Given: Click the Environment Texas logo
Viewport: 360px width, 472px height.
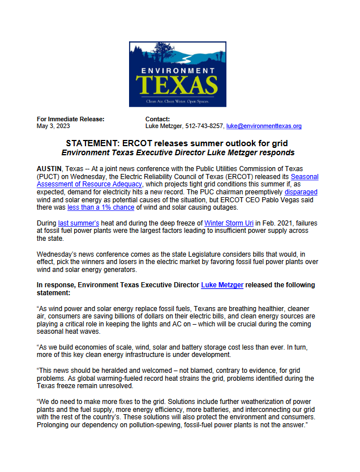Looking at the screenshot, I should pos(177,74).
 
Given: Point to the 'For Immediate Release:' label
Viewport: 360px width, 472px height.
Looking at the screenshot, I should pos(70,119).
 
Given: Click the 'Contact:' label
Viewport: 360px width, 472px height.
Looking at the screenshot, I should pos(158,119).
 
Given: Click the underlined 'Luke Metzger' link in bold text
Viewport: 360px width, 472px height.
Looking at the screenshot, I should pos(222,285).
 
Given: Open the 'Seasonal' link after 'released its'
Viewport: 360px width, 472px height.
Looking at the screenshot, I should pos(304,177).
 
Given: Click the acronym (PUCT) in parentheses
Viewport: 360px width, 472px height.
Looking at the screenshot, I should pos(48,177).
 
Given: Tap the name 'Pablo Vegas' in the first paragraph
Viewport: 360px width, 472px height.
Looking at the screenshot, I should pos(295,200).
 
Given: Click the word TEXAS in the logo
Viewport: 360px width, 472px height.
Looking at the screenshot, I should pos(177,84).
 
